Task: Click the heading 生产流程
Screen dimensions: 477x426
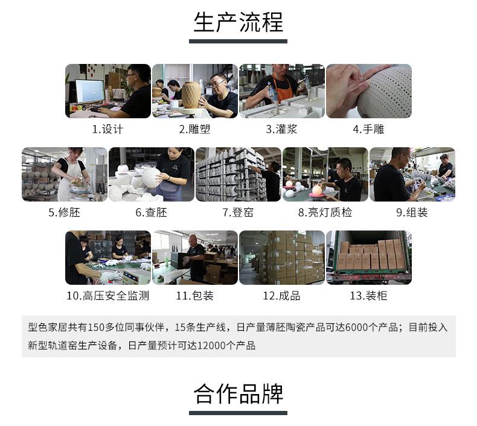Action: point(238,22)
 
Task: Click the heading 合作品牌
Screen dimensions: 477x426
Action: point(238,394)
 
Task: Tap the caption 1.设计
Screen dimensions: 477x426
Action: point(107,129)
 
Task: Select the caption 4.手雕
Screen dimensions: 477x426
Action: point(369,129)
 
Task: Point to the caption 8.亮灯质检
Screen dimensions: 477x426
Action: point(325,212)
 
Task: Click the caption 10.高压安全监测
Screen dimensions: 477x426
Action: point(107,296)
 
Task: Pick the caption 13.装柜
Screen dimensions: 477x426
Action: point(369,296)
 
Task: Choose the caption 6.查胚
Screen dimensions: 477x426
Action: point(151,212)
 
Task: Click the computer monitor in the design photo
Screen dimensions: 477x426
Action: point(90,91)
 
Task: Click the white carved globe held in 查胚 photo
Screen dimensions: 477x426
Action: point(152,178)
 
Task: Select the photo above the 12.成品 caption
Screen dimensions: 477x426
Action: point(282,258)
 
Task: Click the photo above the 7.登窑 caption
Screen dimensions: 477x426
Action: point(238,174)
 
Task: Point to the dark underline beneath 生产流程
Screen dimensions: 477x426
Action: point(238,42)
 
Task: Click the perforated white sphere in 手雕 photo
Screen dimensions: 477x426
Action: point(385,93)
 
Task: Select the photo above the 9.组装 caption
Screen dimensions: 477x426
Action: point(412,174)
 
